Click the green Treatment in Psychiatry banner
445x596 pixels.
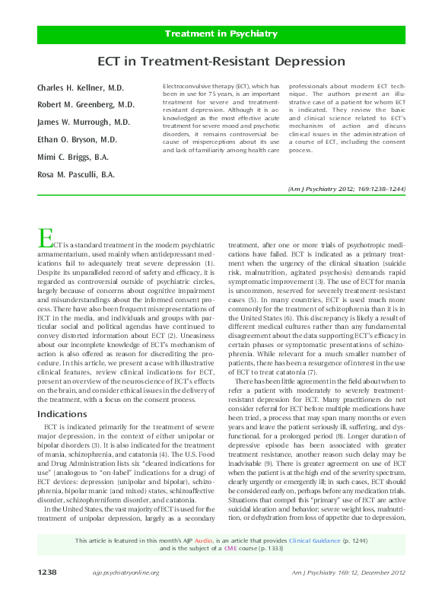point(221,34)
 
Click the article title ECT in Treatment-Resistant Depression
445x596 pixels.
point(221,61)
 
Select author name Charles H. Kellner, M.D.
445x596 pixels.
point(81,88)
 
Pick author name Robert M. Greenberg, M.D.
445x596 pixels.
point(86,104)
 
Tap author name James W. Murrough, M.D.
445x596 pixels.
point(84,122)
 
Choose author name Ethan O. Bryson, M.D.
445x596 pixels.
point(78,139)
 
